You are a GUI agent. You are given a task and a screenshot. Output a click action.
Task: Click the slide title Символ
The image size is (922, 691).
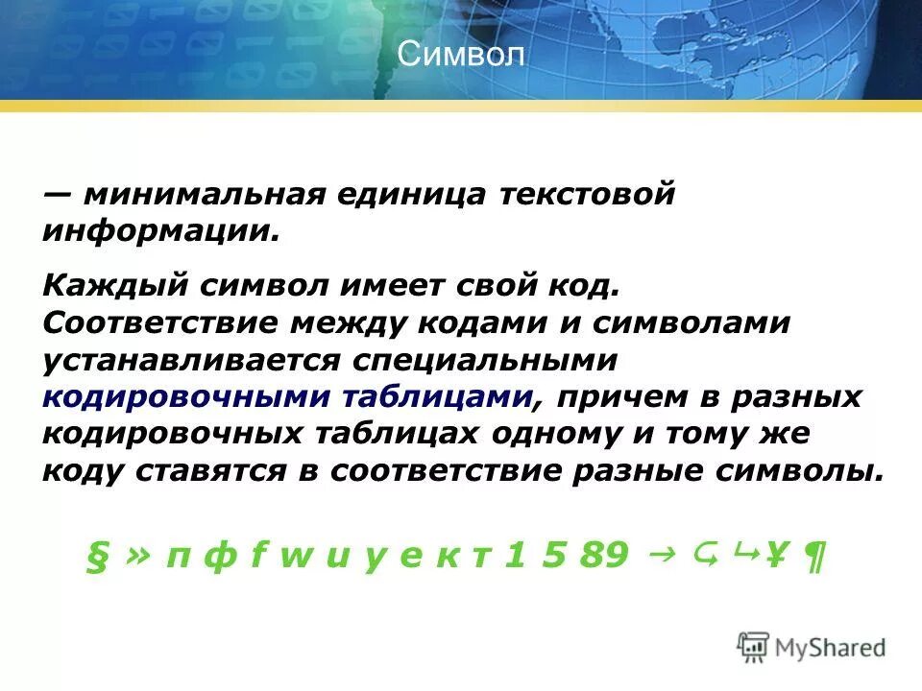[461, 54]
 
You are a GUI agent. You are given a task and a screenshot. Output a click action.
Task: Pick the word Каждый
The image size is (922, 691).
[115, 286]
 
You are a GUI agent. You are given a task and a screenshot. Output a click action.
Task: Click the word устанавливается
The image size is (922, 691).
[192, 361]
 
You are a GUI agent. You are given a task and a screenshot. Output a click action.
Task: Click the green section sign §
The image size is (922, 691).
[94, 555]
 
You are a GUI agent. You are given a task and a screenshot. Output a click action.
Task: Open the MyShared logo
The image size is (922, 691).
[813, 647]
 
